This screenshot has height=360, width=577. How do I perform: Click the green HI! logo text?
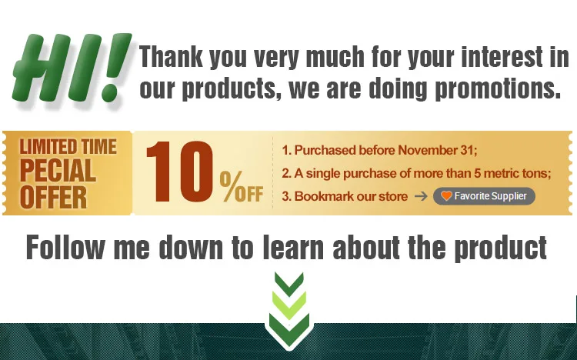point(72,68)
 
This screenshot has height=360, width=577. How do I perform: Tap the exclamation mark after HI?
point(116,68)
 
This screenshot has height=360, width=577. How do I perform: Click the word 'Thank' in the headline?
point(171,56)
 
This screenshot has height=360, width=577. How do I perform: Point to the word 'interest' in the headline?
point(502,56)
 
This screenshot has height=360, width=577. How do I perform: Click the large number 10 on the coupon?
point(179,172)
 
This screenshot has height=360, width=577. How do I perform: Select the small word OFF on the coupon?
point(249,194)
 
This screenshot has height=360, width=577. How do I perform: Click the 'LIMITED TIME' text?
point(68,146)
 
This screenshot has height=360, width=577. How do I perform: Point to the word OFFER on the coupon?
point(53,197)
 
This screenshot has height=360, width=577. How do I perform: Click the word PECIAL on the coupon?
point(58,171)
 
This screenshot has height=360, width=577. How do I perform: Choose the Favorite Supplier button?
point(484,196)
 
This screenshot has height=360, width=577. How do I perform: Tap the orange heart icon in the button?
point(446,196)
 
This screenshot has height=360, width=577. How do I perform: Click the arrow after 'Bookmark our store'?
point(421,196)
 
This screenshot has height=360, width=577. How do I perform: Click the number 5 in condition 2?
point(477,173)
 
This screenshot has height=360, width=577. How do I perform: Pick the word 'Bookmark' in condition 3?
point(324,196)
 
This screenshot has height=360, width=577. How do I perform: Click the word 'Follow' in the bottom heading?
point(65,248)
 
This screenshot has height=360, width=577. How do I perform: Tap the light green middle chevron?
point(288,305)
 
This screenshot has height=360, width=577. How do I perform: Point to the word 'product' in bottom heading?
point(501,248)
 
